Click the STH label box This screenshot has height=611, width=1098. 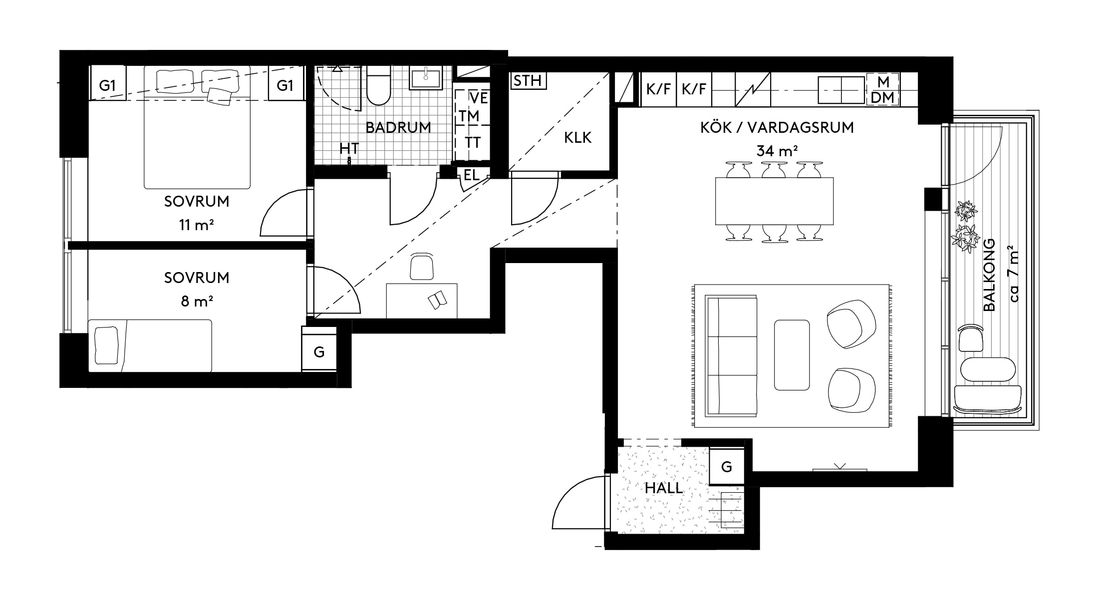click(528, 81)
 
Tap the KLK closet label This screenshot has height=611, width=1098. click(577, 137)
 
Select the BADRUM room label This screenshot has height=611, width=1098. click(398, 127)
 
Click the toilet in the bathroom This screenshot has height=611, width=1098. click(378, 89)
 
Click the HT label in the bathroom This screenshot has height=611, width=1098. click(349, 148)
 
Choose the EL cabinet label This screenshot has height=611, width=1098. click(471, 175)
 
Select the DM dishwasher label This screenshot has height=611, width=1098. click(882, 98)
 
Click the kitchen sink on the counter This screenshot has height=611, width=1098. click(841, 90)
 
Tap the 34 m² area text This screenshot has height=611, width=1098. click(777, 150)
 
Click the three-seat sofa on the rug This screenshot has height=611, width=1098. click(731, 356)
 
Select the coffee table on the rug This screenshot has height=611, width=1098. click(792, 355)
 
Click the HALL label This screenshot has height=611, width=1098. click(663, 488)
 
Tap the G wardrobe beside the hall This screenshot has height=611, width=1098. click(726, 467)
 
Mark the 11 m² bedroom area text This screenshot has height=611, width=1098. click(196, 225)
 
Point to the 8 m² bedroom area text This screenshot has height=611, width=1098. click(196, 302)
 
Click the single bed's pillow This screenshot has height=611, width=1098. click(106, 345)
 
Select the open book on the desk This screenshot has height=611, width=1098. click(437, 301)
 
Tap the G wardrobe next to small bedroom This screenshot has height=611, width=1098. click(319, 352)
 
